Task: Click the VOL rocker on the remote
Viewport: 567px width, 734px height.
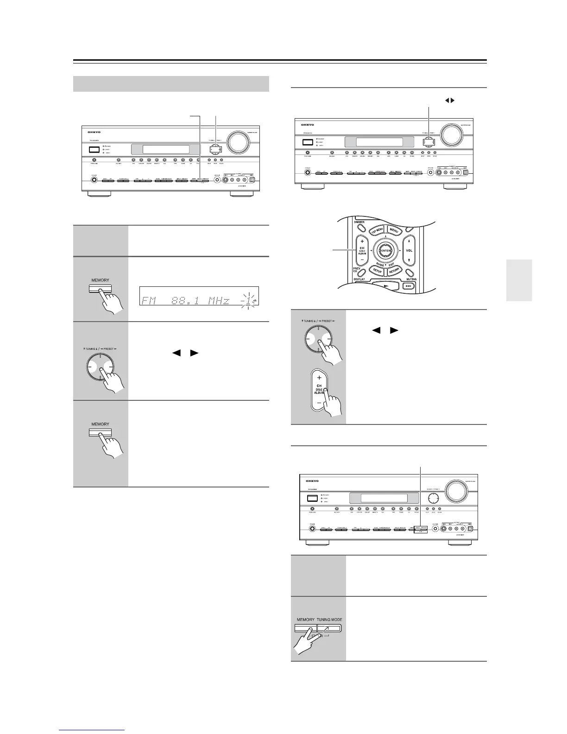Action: coord(409,251)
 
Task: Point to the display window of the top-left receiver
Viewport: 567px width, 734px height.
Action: coord(166,150)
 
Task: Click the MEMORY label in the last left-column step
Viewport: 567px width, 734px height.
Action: coord(101,424)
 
